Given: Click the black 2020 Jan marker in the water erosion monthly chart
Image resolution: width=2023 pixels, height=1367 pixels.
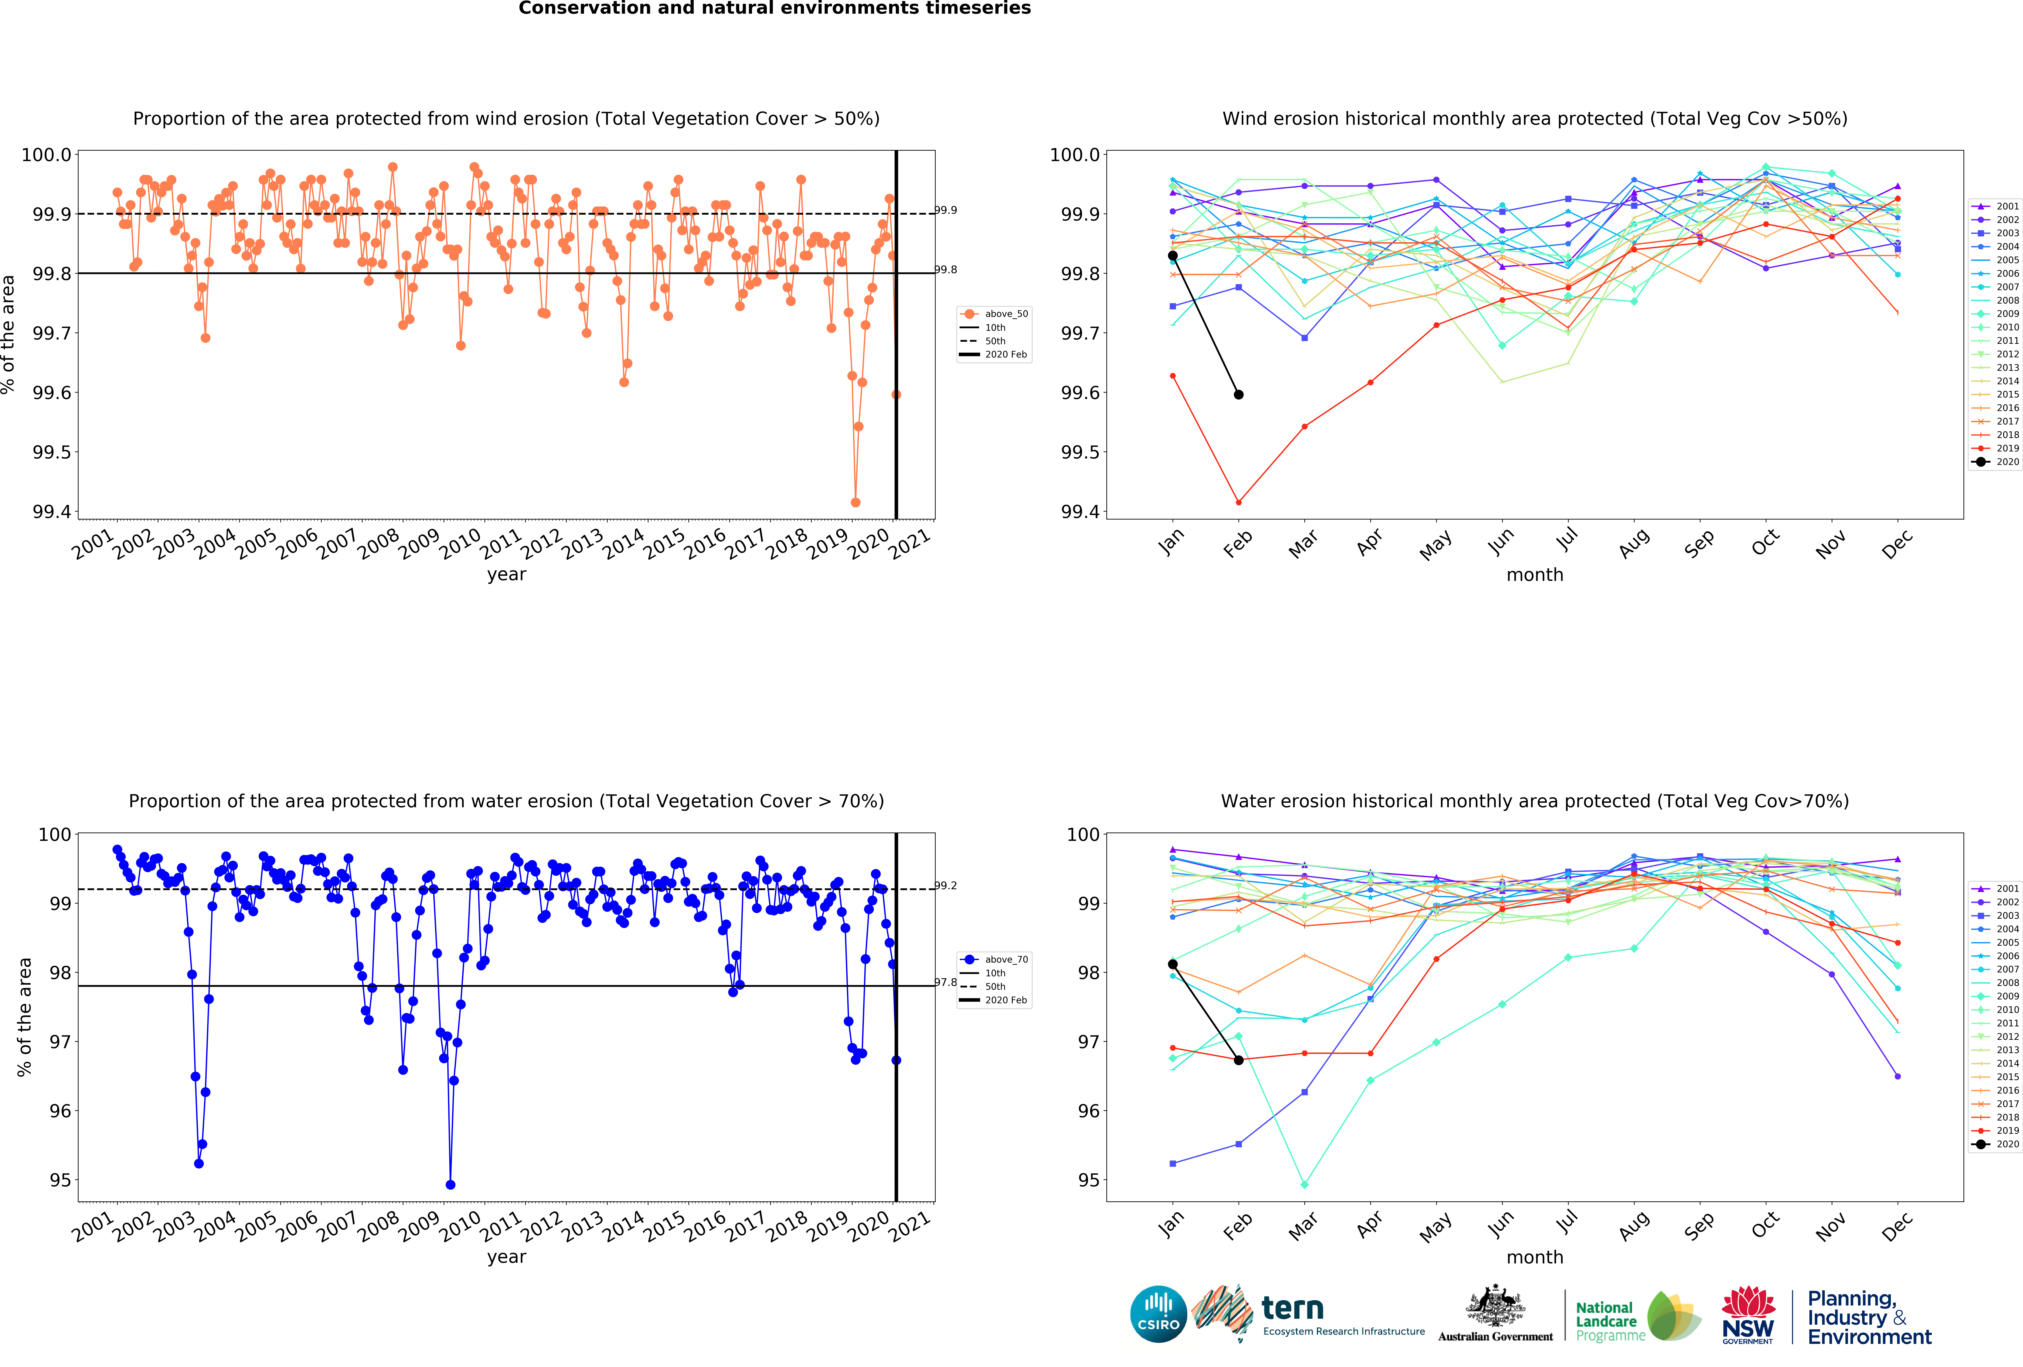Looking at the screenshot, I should [1173, 964].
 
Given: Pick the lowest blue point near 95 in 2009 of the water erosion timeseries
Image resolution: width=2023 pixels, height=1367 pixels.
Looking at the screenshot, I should [450, 1184].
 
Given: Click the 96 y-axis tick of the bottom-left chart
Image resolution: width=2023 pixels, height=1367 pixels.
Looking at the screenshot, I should [60, 1111].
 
